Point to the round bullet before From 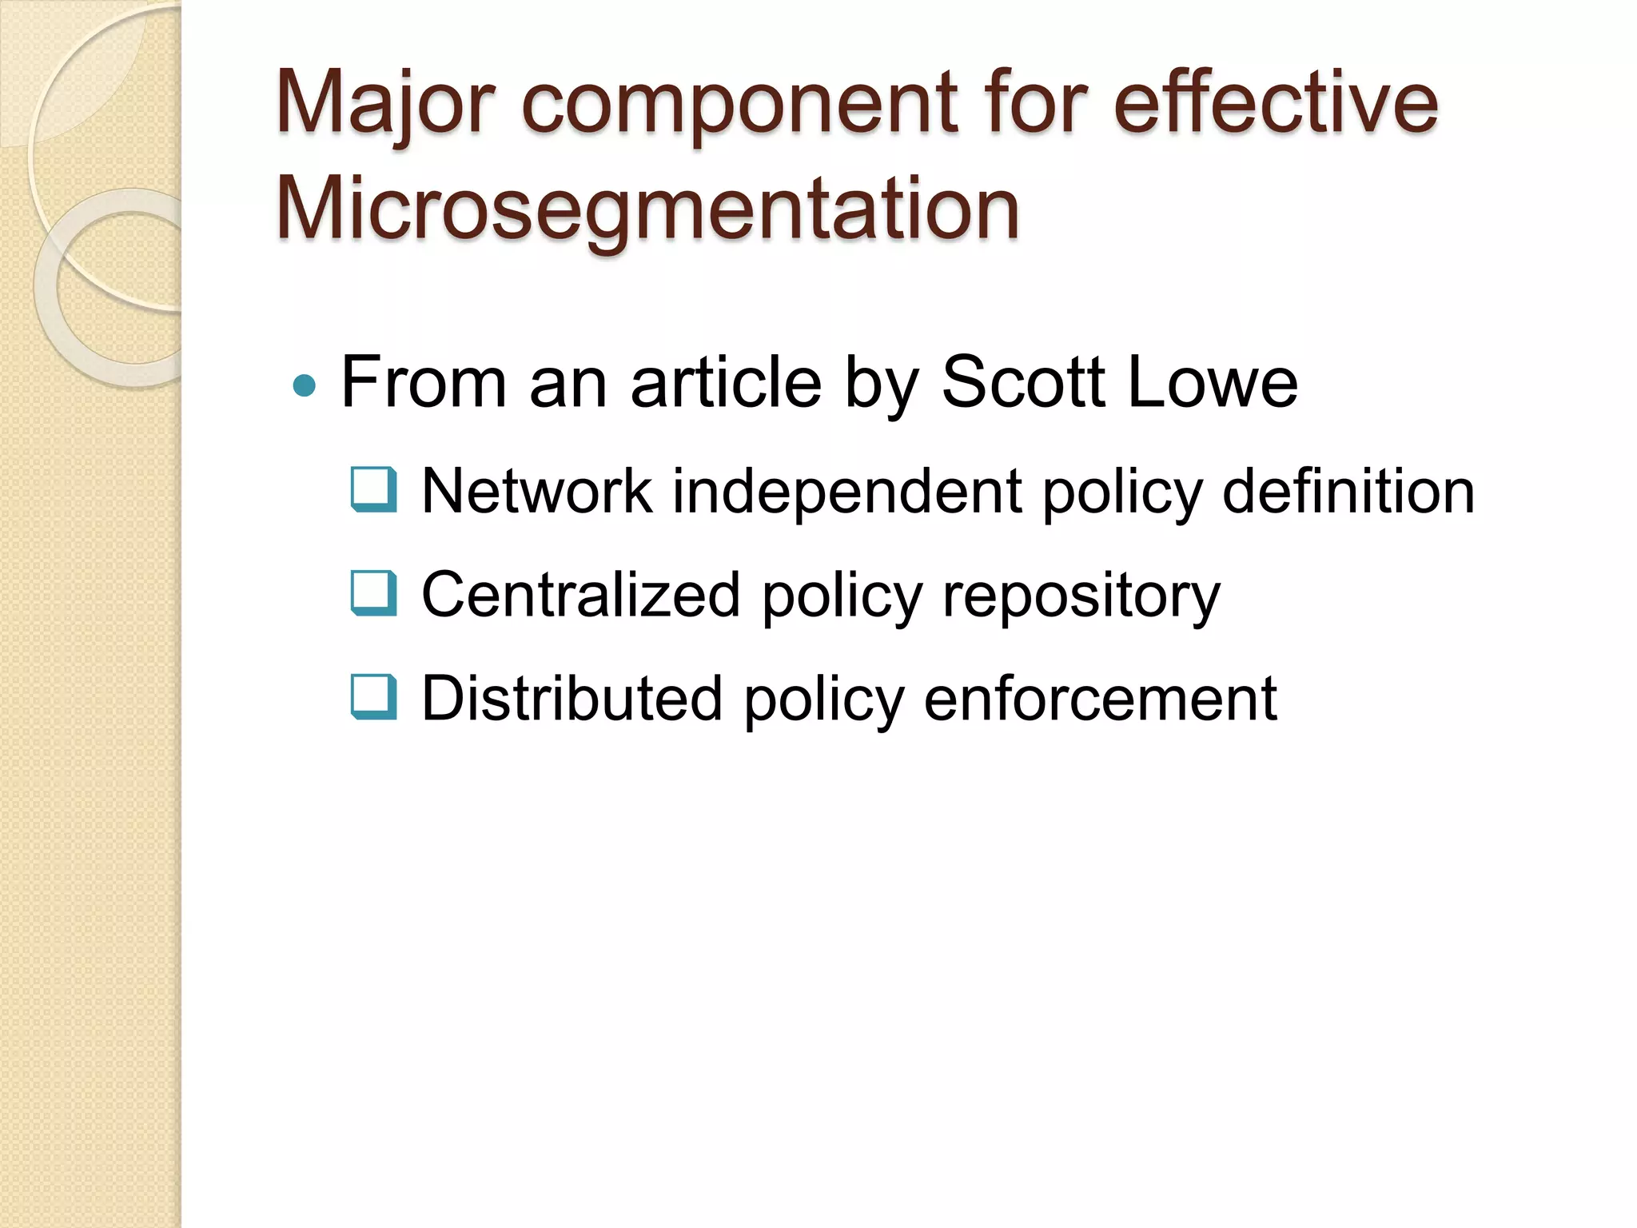coord(305,387)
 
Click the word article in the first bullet coord(726,382)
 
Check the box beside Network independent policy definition coord(373,489)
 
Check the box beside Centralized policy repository coord(373,593)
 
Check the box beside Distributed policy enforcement coord(373,697)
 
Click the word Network coord(536,491)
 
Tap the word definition coord(1348,491)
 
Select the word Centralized coord(581,595)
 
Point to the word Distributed coord(572,699)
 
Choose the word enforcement coord(1100,699)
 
